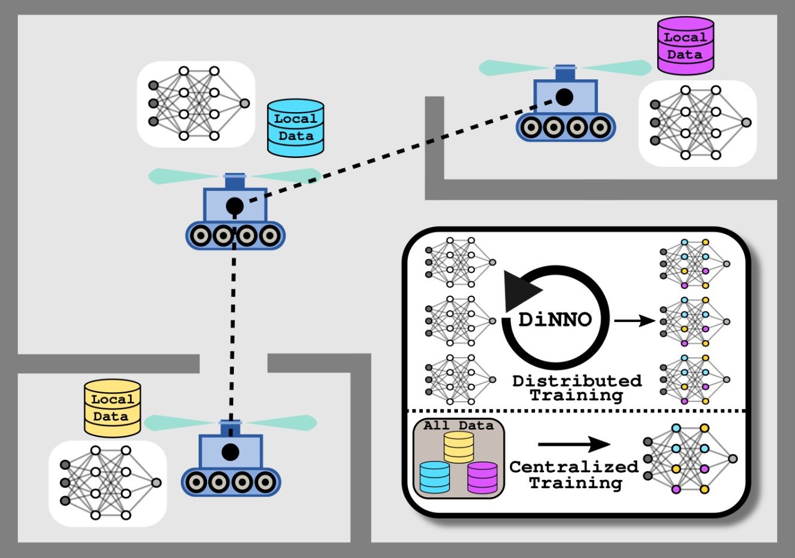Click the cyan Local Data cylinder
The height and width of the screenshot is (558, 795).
[x=295, y=128]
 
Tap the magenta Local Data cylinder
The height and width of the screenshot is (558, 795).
[x=685, y=46]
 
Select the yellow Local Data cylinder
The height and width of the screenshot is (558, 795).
[x=113, y=408]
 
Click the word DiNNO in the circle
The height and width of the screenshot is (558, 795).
[x=555, y=320]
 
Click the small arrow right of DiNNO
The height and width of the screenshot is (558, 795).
[x=635, y=321]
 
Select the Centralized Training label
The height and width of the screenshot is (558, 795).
[x=574, y=475]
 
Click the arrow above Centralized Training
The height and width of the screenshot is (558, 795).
[x=574, y=444]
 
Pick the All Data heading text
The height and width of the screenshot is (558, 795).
[x=458, y=425]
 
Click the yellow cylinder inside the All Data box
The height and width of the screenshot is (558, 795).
[x=459, y=447]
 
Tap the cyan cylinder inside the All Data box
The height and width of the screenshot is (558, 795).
[x=434, y=478]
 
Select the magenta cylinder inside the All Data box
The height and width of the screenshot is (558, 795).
[x=482, y=478]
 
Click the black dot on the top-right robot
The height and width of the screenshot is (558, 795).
[x=564, y=97]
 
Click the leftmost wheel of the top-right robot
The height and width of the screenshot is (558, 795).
[x=531, y=127]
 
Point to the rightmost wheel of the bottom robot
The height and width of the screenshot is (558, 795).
[x=265, y=482]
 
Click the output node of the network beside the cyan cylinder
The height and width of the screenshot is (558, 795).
[x=245, y=103]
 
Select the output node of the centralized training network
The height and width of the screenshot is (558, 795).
[x=733, y=458]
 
